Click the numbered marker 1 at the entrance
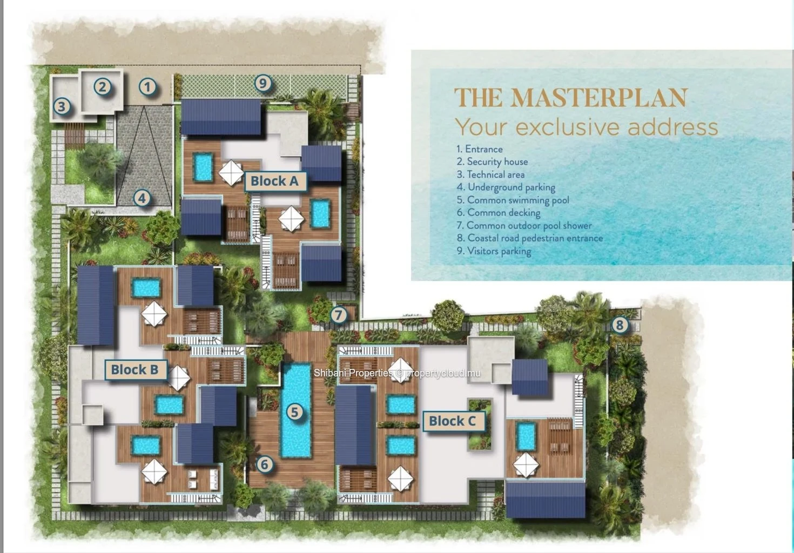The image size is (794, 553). point(147,87)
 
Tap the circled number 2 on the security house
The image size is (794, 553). point(102,87)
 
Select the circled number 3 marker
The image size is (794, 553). point(62,106)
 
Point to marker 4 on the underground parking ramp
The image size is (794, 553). point(142,198)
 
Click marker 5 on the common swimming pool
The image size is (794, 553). point(294,412)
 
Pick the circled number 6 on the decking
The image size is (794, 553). point(265,464)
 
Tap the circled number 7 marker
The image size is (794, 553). point(339,315)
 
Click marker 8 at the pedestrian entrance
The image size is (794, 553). point(620,325)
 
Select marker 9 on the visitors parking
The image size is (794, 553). point(263,83)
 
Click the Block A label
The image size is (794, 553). point(275,181)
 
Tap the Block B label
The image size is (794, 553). point(135,370)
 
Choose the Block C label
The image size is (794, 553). point(453,421)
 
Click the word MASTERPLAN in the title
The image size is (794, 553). point(600,98)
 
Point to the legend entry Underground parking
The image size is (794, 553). point(506,187)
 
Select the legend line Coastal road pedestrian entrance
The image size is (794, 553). point(530,238)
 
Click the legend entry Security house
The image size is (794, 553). point(492,161)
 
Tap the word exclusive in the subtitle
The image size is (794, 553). point(569,127)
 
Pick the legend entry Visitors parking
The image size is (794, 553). point(494,251)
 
